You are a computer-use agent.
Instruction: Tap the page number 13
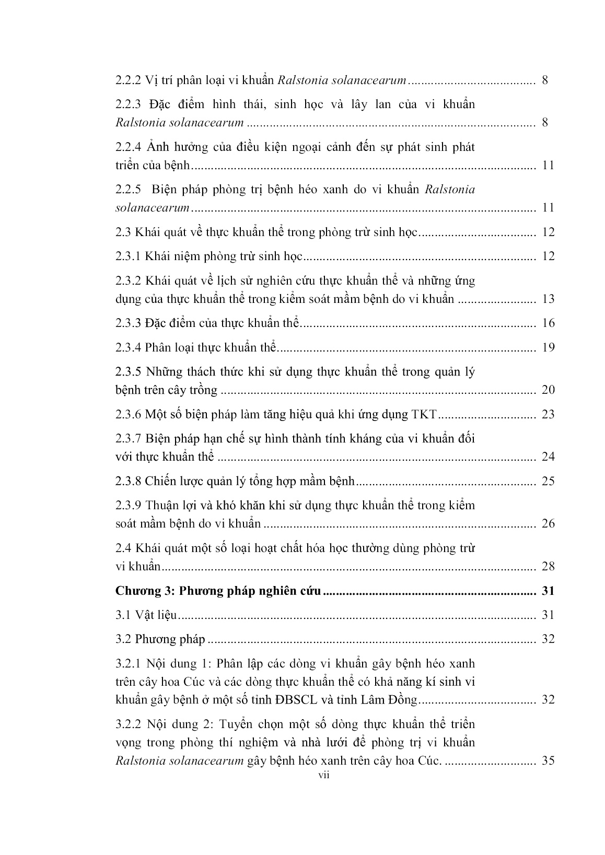548,299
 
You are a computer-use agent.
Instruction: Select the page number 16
548,323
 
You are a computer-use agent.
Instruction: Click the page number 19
548,347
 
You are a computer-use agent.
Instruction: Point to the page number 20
548,390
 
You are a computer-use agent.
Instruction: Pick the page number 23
548,415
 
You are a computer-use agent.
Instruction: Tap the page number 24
548,457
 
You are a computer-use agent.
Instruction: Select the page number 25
548,482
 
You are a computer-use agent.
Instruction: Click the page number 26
548,524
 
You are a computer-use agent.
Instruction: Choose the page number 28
548,567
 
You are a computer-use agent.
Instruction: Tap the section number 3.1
123,615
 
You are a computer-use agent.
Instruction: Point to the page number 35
548,761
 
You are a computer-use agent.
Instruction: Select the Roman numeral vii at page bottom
324,775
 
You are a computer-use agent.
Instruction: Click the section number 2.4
123,548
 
